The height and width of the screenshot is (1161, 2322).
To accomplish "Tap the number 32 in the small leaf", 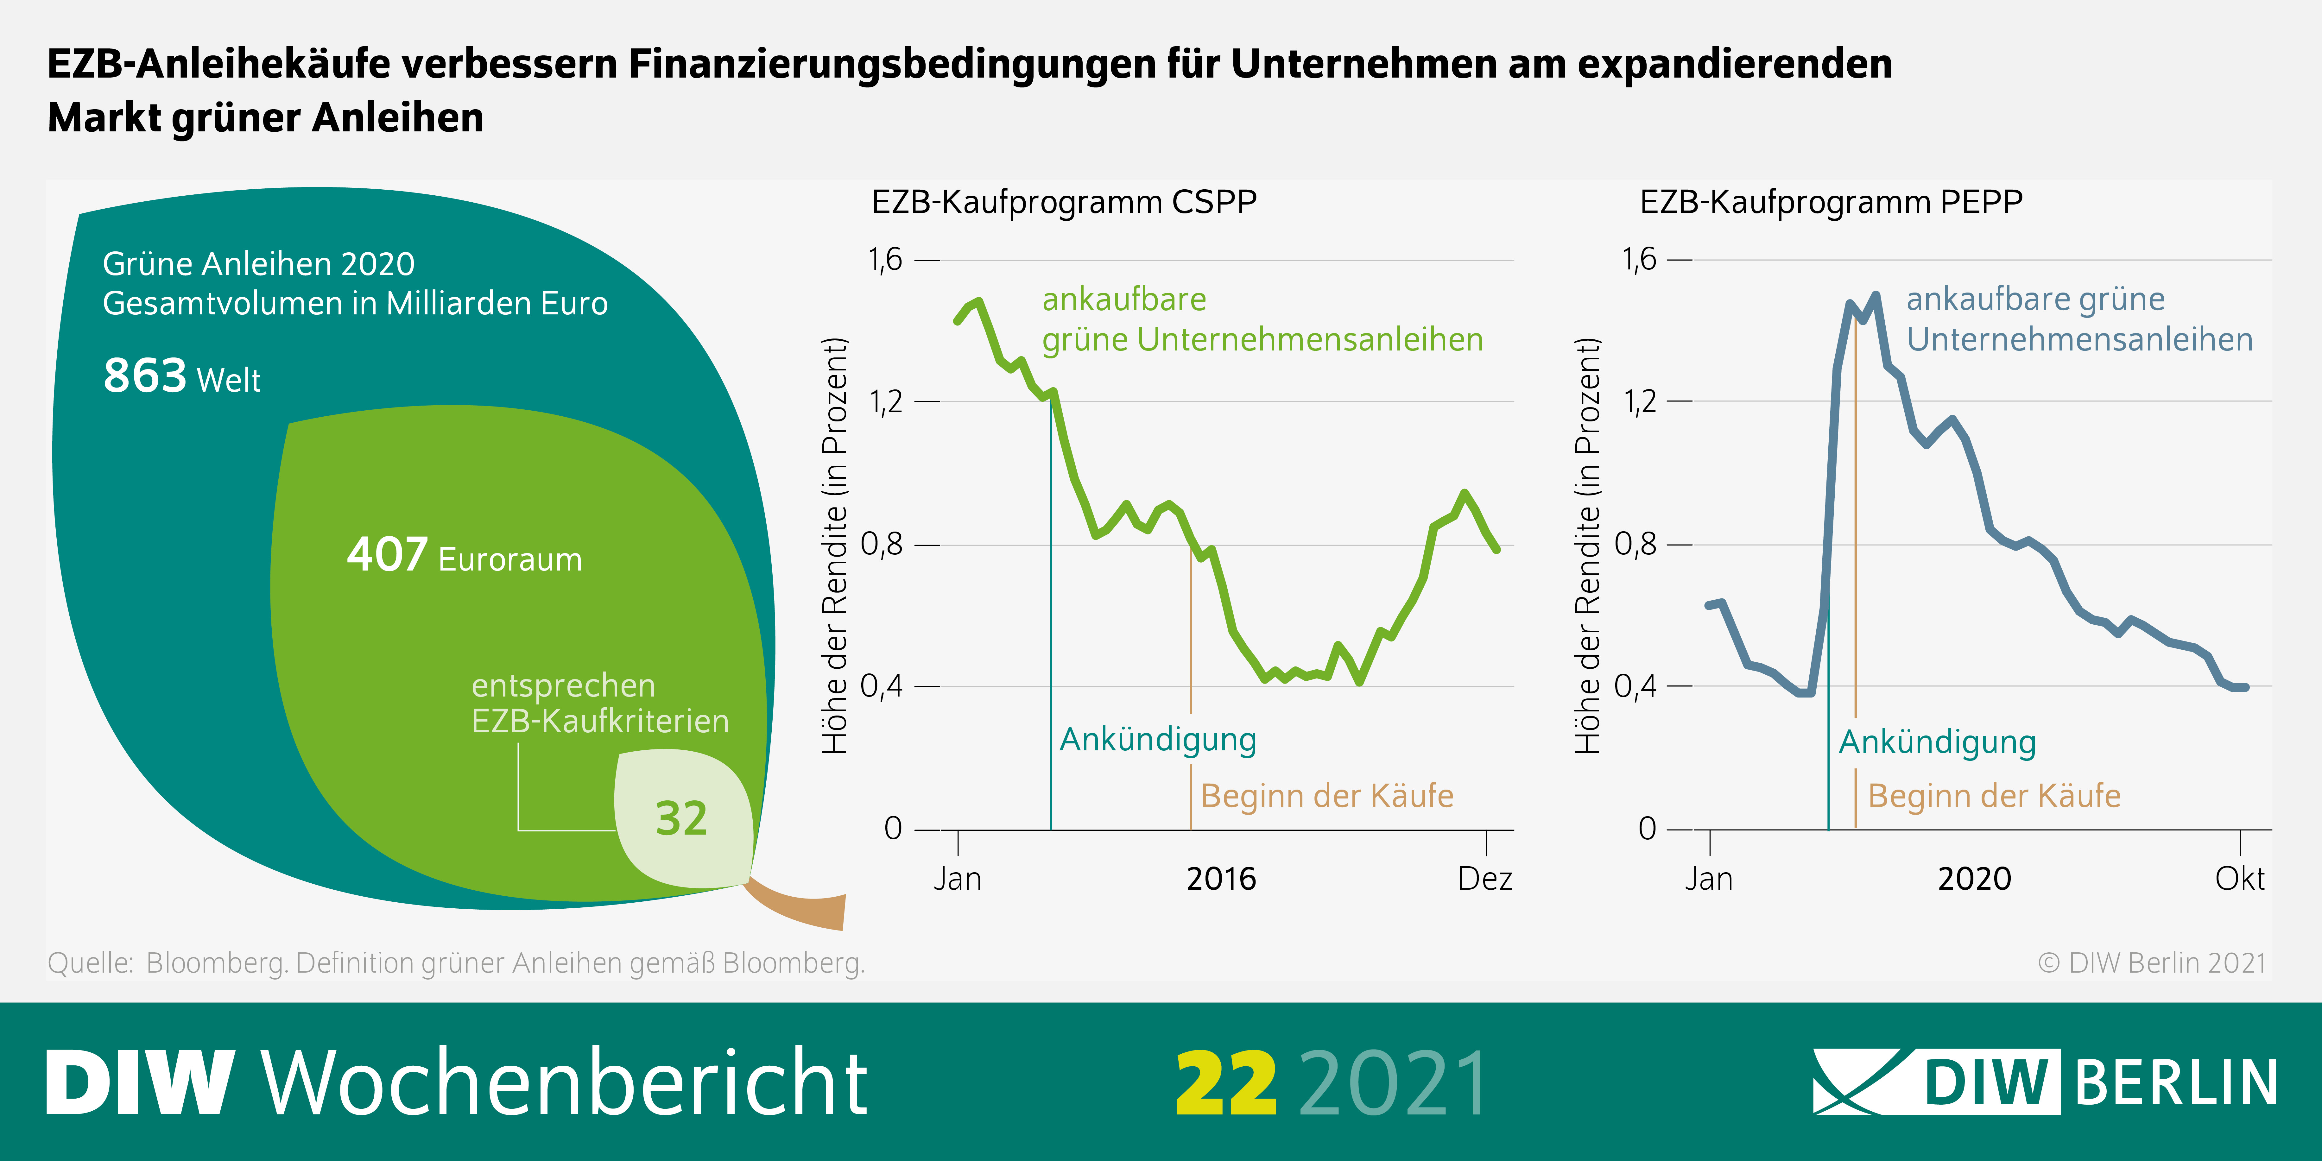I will coord(681,818).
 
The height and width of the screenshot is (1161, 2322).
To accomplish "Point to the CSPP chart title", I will coord(1064,202).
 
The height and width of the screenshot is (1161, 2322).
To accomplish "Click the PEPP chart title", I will coord(1831,202).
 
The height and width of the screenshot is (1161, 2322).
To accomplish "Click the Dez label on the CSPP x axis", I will coord(1484,878).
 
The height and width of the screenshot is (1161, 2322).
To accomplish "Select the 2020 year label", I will coord(1974,878).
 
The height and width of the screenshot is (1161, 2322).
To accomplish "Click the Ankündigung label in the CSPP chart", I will coord(1157,739).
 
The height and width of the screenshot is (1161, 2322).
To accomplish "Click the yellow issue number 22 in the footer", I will coord(1226,1083).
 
